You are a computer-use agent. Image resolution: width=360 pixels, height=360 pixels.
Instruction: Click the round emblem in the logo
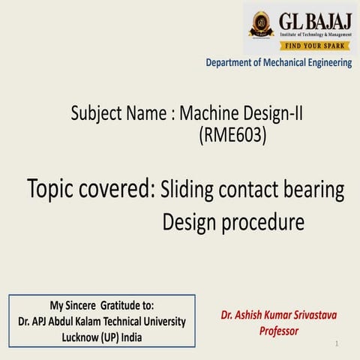261,25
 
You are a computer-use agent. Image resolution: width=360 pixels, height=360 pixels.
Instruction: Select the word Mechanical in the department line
286,63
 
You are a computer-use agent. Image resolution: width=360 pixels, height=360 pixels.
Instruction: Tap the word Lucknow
82,337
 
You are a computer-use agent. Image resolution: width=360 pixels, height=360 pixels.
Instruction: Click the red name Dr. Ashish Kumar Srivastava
274,316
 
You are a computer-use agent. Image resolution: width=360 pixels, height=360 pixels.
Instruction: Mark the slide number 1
337,343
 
